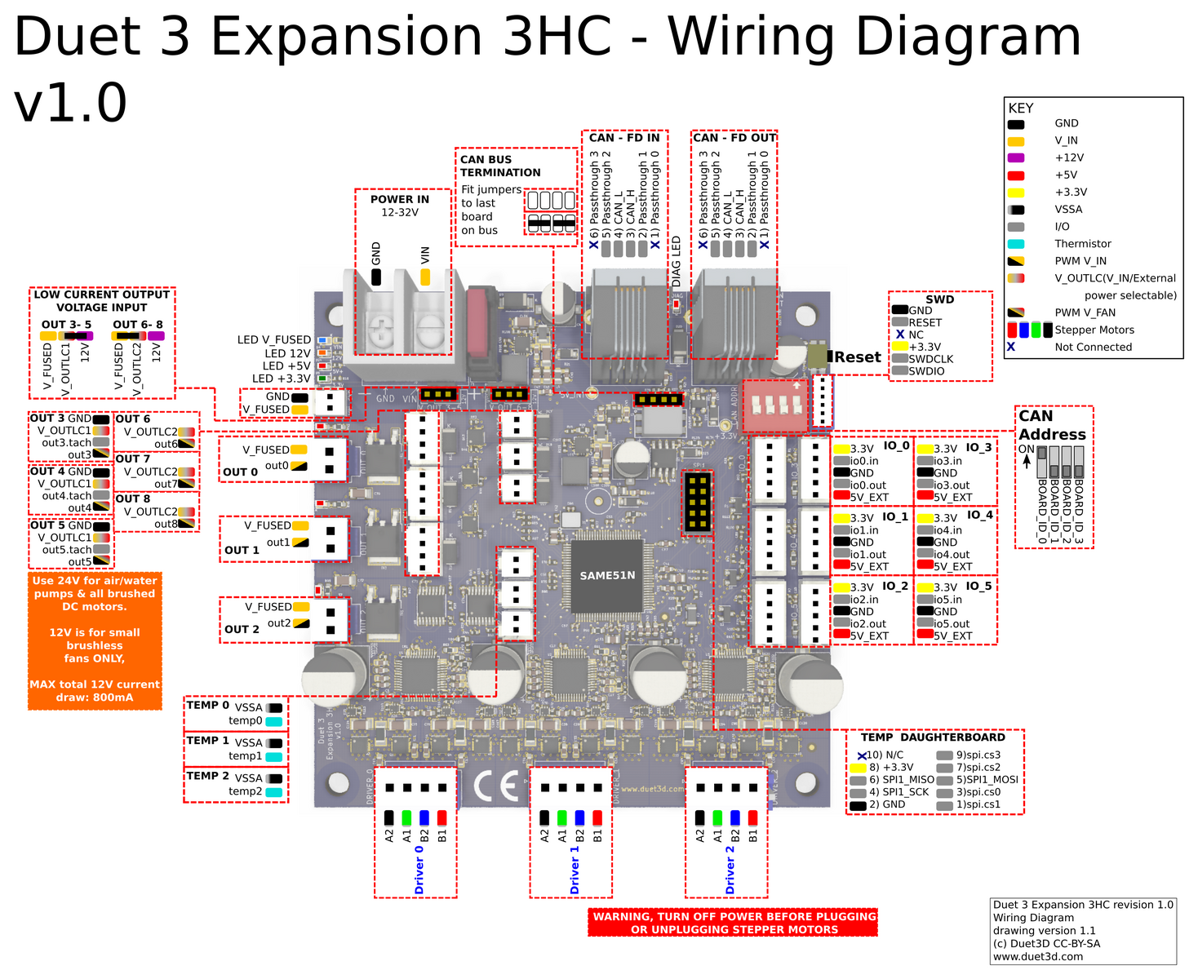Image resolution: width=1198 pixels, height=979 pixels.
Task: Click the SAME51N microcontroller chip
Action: tap(607, 575)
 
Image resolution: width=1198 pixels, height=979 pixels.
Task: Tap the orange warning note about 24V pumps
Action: tap(95, 640)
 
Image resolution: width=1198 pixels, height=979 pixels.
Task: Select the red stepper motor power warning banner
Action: tap(733, 923)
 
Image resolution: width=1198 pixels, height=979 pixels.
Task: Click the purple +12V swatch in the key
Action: tap(1016, 157)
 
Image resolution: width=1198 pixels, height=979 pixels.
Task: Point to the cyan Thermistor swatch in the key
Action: tap(1016, 244)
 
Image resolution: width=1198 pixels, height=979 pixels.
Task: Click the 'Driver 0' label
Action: tap(419, 870)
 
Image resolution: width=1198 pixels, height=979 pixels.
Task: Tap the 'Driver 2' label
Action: tap(730, 870)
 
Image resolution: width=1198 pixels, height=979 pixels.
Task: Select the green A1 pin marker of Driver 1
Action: tap(562, 817)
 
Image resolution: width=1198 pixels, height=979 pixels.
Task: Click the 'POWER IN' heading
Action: tap(399, 199)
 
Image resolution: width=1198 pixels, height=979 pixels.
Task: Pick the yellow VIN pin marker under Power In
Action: tap(425, 277)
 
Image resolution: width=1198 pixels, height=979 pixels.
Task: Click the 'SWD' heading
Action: tap(939, 299)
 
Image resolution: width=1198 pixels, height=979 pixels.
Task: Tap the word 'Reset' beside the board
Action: tap(858, 357)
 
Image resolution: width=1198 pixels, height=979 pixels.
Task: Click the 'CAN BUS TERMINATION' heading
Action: tap(500, 166)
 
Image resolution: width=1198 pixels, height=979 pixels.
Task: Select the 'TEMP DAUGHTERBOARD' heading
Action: tap(933, 737)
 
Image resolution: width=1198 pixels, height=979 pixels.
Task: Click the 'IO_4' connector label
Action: tap(979, 515)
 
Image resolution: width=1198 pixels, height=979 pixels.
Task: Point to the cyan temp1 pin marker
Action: tap(274, 756)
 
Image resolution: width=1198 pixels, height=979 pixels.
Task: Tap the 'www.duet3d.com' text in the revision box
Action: tap(1037, 956)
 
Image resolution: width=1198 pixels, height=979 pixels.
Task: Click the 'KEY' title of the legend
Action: tap(1021, 108)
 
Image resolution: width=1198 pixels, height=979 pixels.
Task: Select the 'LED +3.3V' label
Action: tap(281, 379)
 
